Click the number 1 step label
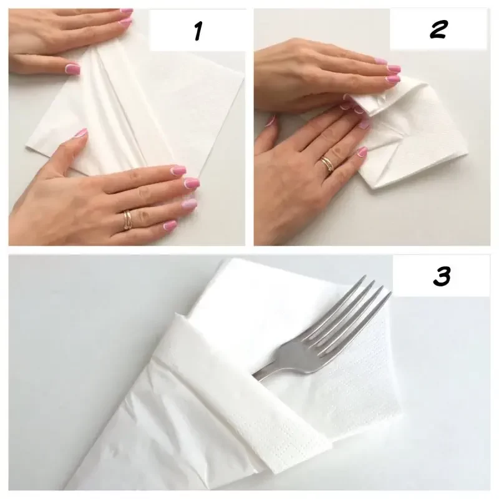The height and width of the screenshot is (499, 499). point(198,31)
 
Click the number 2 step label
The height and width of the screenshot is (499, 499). point(438,29)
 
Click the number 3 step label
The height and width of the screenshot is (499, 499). point(442,276)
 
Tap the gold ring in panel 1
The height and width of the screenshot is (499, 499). point(128,220)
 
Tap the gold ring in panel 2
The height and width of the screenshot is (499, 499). point(327,164)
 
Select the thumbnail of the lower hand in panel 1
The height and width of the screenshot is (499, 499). point(81,132)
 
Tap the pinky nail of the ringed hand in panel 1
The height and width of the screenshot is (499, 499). point(170,225)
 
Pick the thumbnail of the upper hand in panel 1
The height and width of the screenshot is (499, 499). point(73,68)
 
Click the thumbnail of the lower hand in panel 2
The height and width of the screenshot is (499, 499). point(271,121)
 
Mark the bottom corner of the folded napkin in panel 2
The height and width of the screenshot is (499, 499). point(375,188)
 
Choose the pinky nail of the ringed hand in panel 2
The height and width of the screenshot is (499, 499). point(362,152)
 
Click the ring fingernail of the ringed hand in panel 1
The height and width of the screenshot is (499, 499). point(189,204)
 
